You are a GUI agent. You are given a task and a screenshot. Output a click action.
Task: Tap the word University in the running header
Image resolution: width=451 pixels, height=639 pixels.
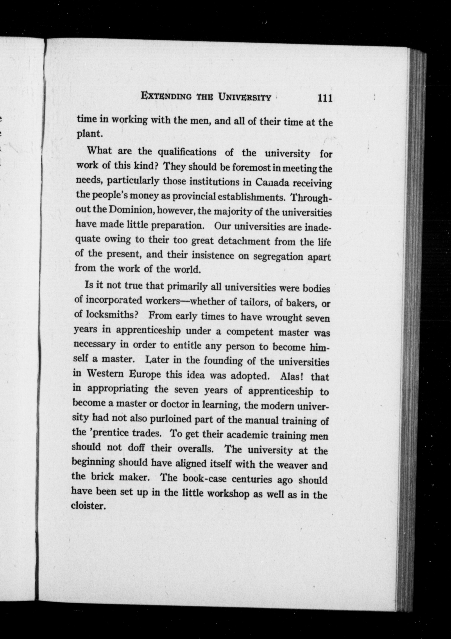pyautogui.click(x=245, y=97)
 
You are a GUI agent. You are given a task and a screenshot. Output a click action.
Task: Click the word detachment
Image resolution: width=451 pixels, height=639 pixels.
pyautogui.click(x=244, y=241)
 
